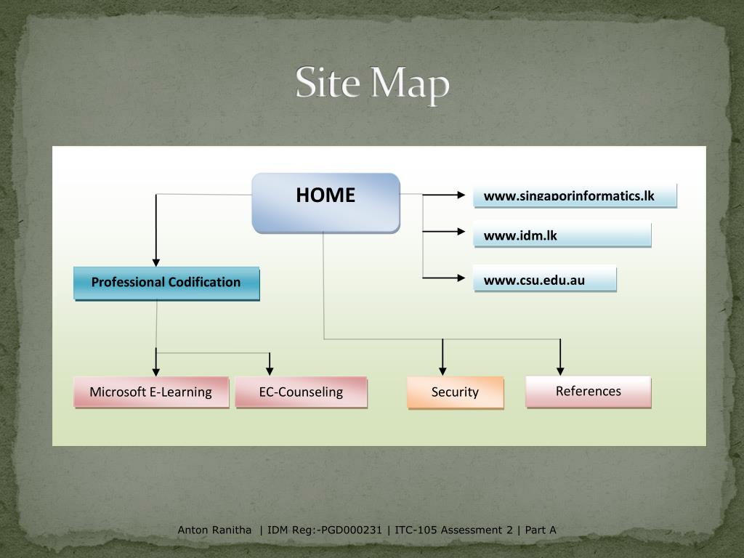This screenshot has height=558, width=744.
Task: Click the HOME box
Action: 325,203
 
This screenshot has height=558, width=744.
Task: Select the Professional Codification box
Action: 166,283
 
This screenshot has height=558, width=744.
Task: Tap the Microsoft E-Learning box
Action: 151,392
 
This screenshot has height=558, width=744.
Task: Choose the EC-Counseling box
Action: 301,392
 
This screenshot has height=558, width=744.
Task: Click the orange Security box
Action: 455,392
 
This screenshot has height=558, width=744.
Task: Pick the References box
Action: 588,392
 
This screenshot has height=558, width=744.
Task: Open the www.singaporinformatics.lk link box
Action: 574,196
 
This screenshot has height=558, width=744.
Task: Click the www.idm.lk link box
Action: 562,235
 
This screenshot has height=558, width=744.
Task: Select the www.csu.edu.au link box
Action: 544,280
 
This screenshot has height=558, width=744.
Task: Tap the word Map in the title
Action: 411,85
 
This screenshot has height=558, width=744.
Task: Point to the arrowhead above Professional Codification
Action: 155,262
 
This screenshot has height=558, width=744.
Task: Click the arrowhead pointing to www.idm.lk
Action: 460,232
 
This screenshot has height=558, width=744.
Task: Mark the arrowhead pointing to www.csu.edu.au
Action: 460,278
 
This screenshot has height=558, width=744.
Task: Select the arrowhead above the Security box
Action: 442,371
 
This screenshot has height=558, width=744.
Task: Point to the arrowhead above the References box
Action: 560,371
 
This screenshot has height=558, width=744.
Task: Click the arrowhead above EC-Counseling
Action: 270,371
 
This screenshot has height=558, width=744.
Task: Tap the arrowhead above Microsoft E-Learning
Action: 155,371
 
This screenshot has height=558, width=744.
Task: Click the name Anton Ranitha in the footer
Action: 215,530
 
